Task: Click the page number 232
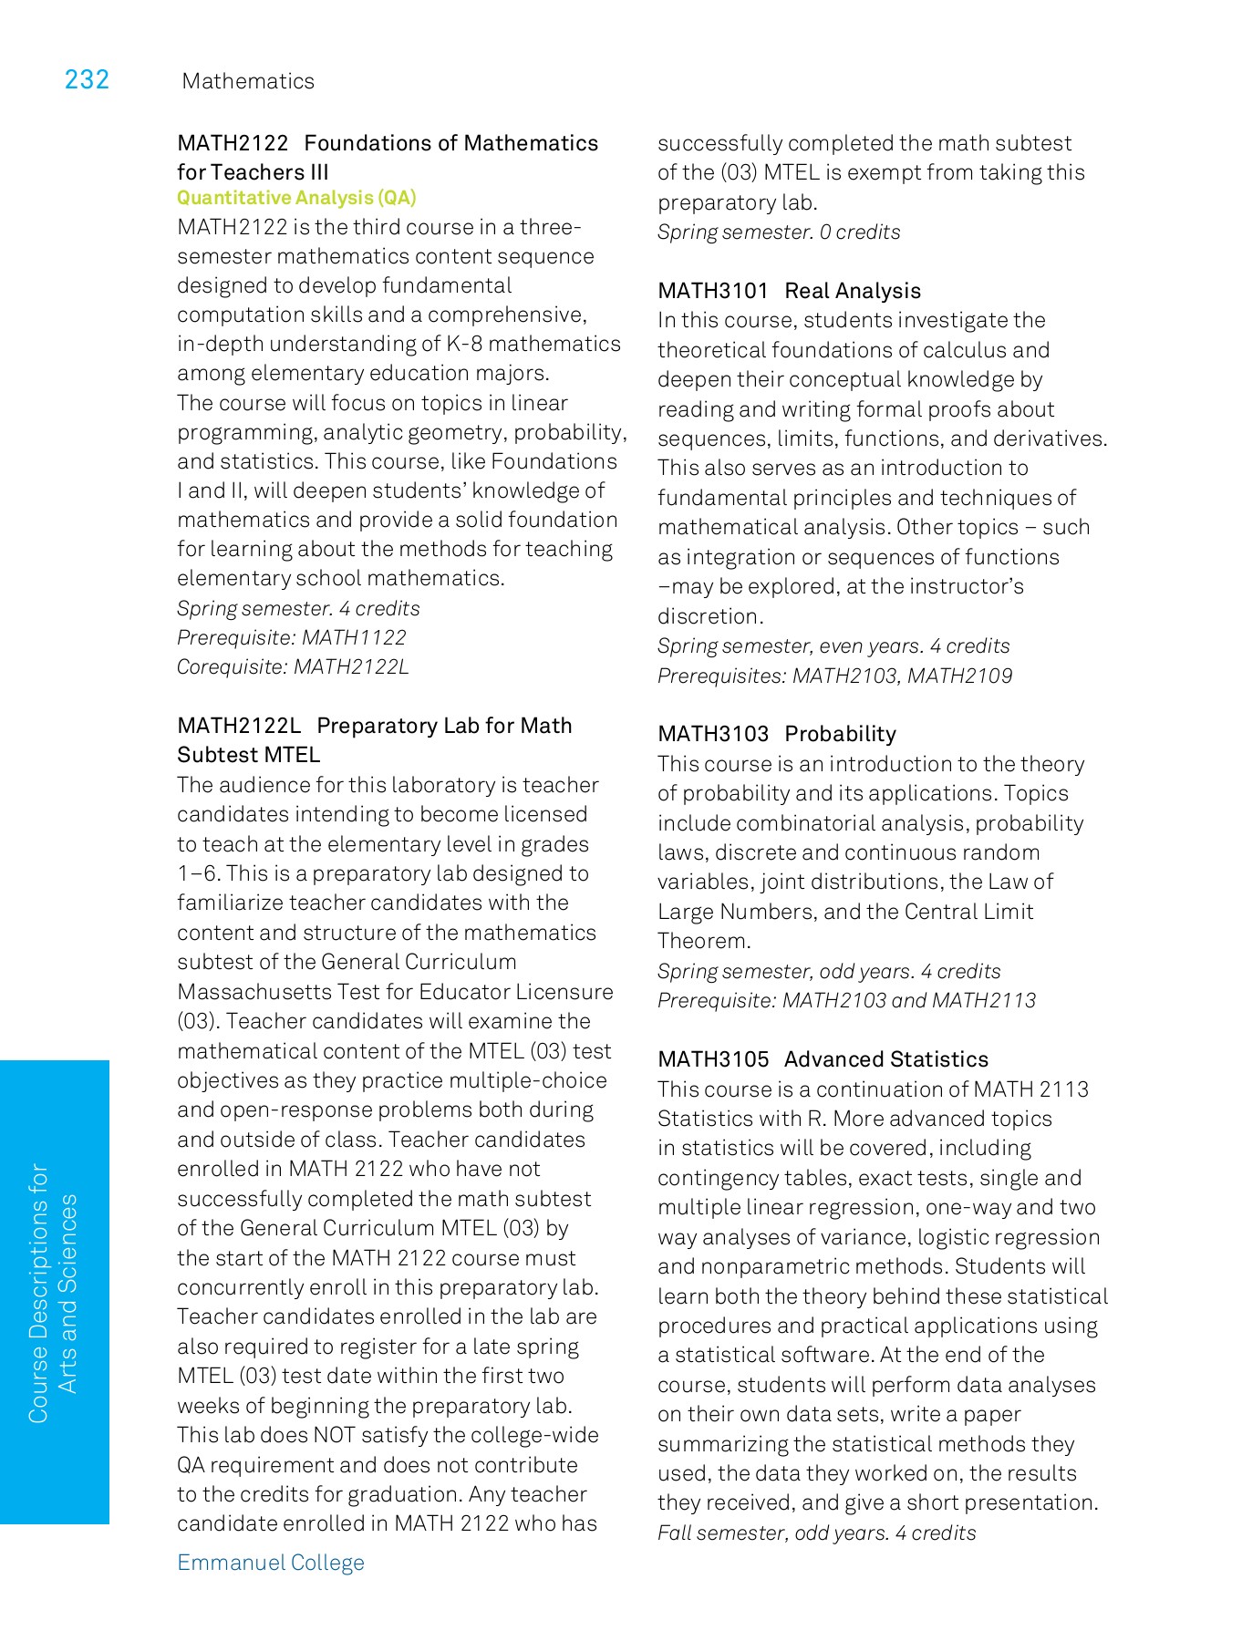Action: (87, 80)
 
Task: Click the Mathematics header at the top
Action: (248, 81)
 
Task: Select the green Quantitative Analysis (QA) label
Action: (296, 198)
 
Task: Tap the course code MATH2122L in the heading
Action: (239, 726)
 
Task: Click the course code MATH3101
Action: (713, 291)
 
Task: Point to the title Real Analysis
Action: (853, 291)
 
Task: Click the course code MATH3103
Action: (713, 734)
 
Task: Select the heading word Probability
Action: (840, 734)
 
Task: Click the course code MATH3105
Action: (713, 1059)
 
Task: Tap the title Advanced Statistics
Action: (885, 1059)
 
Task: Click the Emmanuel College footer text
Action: (271, 1563)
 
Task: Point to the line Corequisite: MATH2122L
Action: (293, 667)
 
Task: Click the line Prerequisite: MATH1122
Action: (292, 638)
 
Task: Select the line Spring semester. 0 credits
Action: (779, 232)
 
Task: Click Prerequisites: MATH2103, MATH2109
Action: (834, 676)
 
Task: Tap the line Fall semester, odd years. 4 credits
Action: (816, 1533)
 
